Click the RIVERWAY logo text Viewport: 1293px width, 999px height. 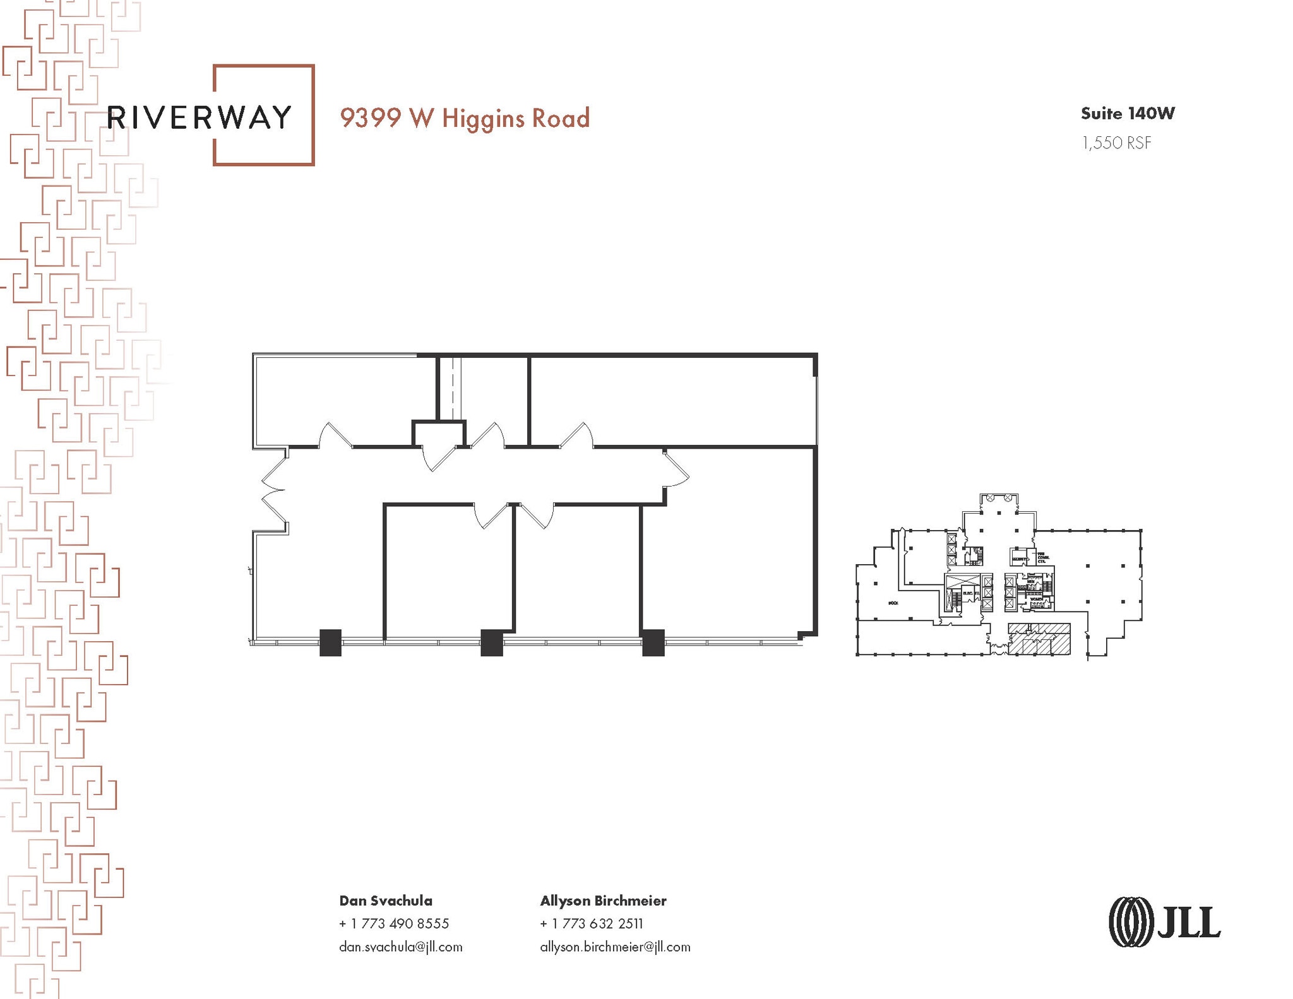(199, 117)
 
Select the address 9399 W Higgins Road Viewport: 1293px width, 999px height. (465, 119)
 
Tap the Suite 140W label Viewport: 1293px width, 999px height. (1128, 114)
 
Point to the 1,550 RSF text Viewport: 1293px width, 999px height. (1116, 143)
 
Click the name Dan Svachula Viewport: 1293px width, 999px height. (386, 901)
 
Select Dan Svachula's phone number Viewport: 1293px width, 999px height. (394, 923)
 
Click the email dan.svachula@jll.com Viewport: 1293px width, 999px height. (401, 947)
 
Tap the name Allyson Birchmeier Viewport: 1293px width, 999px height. (603, 901)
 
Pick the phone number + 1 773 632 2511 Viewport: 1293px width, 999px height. (592, 923)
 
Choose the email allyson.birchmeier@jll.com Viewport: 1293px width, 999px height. (615, 947)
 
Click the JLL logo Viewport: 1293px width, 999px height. (1164, 922)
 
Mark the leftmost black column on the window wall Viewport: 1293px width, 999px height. (330, 642)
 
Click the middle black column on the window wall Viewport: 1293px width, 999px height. (492, 642)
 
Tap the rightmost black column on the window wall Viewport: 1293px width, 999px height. (653, 642)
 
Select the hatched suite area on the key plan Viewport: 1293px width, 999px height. (1039, 639)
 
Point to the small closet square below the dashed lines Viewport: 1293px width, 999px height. (439, 434)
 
